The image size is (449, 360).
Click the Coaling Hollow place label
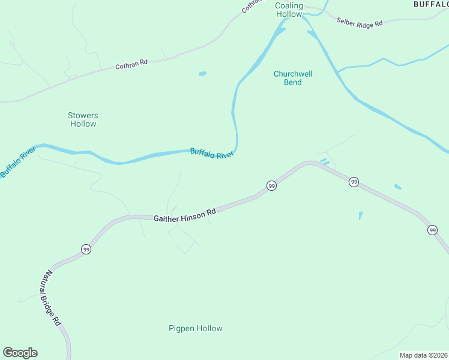coord(289,10)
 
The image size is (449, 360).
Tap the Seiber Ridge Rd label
coord(359,23)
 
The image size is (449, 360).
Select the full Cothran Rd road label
coord(131,64)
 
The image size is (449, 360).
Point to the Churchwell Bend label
coord(293,78)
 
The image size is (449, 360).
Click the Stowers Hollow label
coord(83,119)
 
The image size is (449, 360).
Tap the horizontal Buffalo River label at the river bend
coord(211,154)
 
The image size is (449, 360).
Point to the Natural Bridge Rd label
coord(52,298)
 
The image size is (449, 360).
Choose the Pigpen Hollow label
coord(195,328)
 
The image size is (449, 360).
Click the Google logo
coord(20,353)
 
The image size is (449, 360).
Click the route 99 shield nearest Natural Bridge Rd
coord(86,249)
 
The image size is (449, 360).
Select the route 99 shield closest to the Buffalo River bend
coord(271,186)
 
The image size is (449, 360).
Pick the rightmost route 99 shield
coord(432,230)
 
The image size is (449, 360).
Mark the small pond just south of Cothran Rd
coord(202,74)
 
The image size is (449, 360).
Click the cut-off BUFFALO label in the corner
coord(431,4)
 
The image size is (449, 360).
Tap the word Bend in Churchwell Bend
coord(293,82)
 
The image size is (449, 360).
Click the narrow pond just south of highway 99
coord(360,215)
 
